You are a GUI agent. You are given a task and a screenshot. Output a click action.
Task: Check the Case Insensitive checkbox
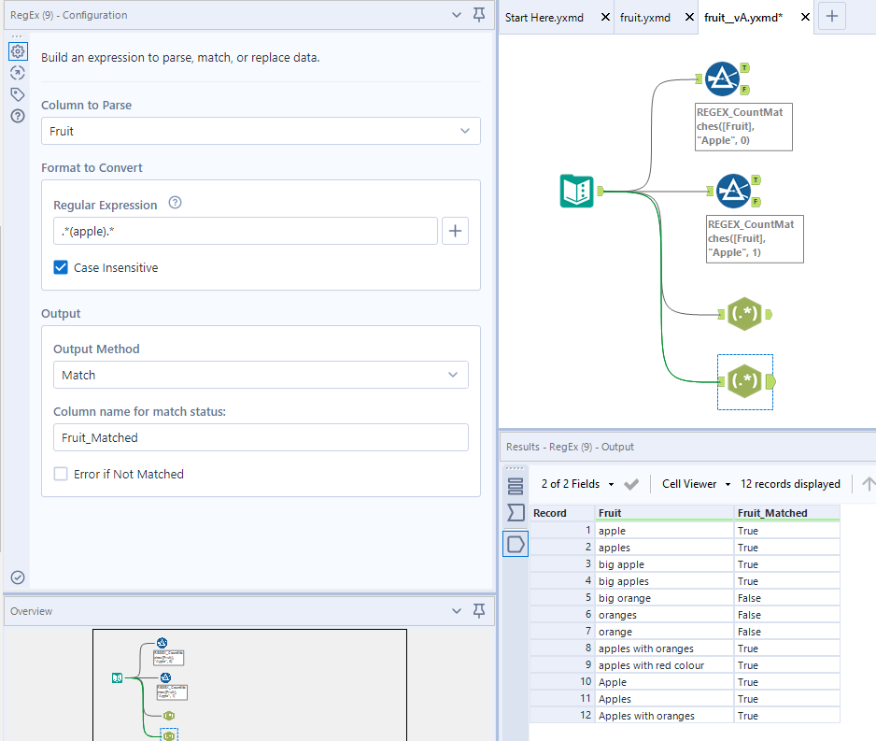click(62, 268)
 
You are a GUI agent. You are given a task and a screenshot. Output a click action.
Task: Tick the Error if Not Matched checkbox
click(62, 475)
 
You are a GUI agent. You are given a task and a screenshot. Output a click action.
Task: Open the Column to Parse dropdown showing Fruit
click(261, 132)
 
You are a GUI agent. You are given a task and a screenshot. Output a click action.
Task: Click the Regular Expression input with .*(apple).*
click(245, 231)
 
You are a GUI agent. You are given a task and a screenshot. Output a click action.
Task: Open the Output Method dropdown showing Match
click(261, 375)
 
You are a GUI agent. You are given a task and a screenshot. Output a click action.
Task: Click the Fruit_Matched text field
click(261, 437)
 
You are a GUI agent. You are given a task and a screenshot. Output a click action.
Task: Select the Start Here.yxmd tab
click(544, 18)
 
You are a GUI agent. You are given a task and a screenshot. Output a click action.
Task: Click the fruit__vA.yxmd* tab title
click(743, 18)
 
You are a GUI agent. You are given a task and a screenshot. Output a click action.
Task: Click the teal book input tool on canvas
click(577, 192)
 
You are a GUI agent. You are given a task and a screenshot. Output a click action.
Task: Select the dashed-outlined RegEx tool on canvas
click(744, 381)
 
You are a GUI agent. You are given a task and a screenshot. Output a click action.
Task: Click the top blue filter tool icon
click(722, 79)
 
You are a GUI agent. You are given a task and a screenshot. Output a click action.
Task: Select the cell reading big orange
click(625, 598)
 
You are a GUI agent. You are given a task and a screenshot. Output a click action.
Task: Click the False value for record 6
click(748, 615)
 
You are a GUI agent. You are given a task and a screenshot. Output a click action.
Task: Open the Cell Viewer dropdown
click(689, 484)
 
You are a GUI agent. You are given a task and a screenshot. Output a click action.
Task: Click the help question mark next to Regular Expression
click(175, 204)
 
